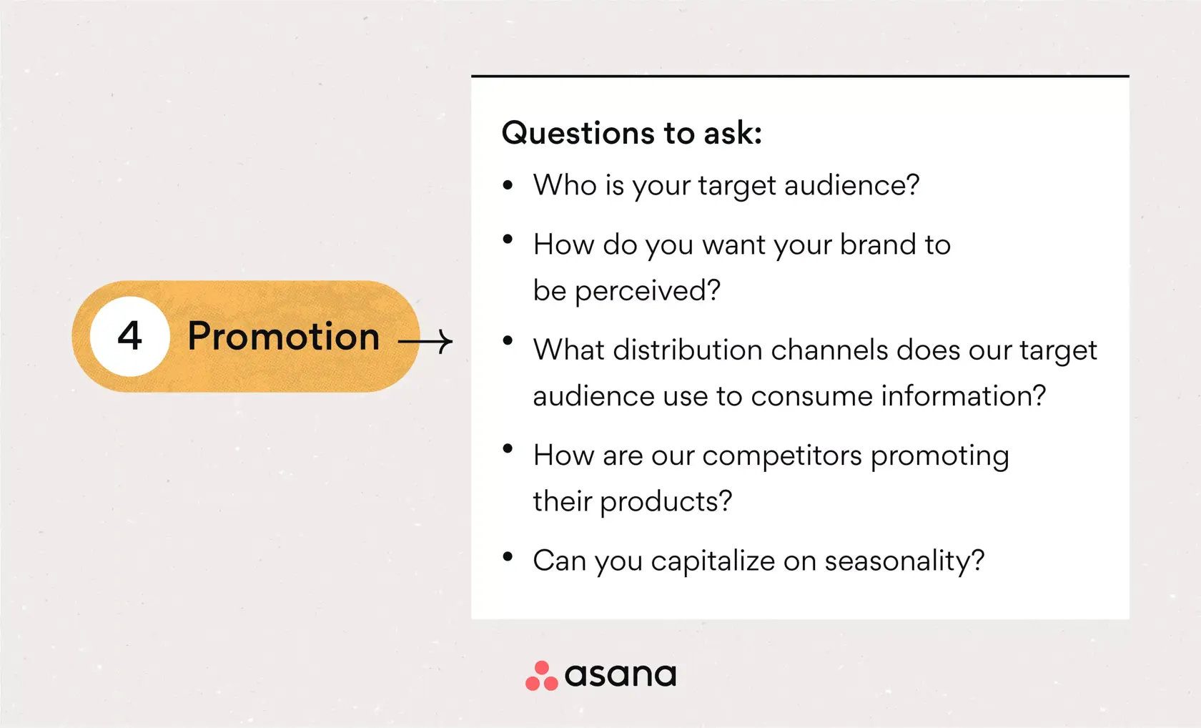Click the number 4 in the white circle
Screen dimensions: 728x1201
point(129,336)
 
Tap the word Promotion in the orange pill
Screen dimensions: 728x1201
point(283,336)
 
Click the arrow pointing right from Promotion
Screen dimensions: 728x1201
point(425,342)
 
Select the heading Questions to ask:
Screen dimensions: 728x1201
point(632,133)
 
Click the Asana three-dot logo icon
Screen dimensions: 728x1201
point(541,676)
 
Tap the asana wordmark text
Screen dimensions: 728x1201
point(620,675)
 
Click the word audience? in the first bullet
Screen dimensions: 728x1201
point(851,185)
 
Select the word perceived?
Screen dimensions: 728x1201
point(648,291)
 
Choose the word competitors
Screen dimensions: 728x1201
point(782,456)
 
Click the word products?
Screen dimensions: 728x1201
point(666,501)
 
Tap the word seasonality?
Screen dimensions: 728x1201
point(904,561)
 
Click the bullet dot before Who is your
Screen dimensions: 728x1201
point(508,186)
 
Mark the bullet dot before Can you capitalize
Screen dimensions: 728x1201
point(508,557)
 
